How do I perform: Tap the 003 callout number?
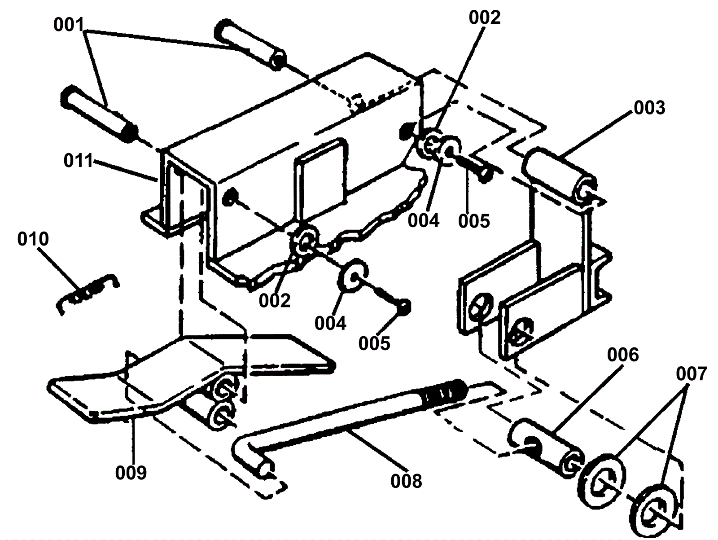649,108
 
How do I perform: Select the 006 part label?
622,355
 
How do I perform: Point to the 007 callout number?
691,373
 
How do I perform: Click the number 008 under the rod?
406,481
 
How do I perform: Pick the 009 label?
131,472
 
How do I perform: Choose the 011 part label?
78,160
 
